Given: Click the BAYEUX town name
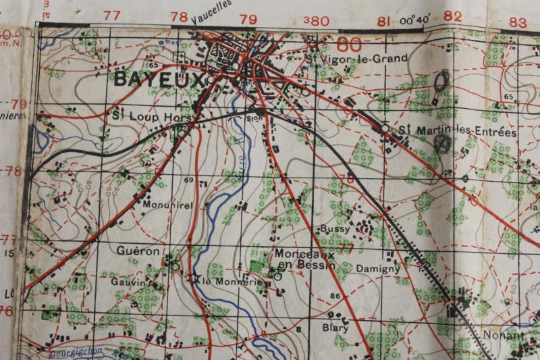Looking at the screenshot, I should click(159, 80).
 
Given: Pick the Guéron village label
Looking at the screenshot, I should click(138, 251).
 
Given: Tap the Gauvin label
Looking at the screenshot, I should click(130, 283).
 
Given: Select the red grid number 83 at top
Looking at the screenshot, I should click(518, 21).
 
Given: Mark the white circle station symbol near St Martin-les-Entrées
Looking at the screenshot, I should click(385, 128).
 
